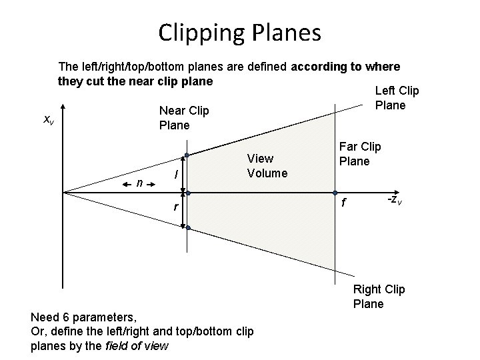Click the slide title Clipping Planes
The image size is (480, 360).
coord(239,31)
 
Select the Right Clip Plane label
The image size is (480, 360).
coord(379,296)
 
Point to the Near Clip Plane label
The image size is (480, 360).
coord(183,117)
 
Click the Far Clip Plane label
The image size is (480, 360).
coord(360,153)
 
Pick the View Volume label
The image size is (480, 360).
coord(267,166)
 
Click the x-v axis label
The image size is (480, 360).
coord(49,119)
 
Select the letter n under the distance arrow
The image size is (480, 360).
coord(138,182)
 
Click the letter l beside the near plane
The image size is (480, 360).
coord(175,175)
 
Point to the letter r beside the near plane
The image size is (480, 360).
coord(175,207)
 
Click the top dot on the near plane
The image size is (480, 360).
coord(188,155)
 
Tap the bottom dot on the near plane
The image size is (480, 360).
coord(188,228)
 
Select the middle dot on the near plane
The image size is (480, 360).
coord(188,193)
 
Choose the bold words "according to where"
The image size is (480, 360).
coord(345,67)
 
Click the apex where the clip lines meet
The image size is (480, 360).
coord(63,193)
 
